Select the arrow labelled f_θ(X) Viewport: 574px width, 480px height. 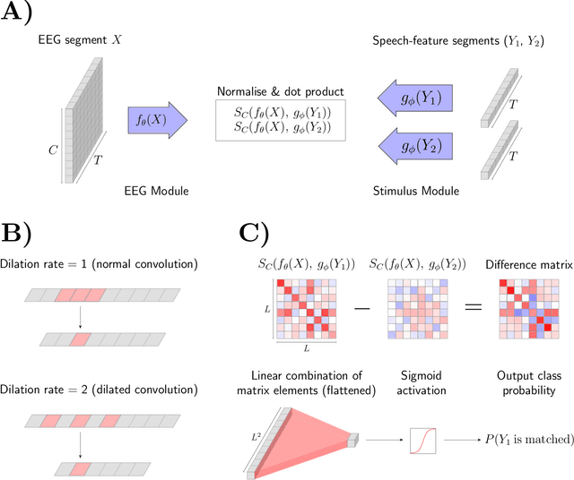point(159,120)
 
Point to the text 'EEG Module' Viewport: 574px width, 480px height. point(156,190)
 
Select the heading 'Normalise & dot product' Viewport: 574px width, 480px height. point(281,91)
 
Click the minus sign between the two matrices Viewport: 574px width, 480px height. point(363,308)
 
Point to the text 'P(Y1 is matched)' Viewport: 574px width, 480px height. point(516,441)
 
